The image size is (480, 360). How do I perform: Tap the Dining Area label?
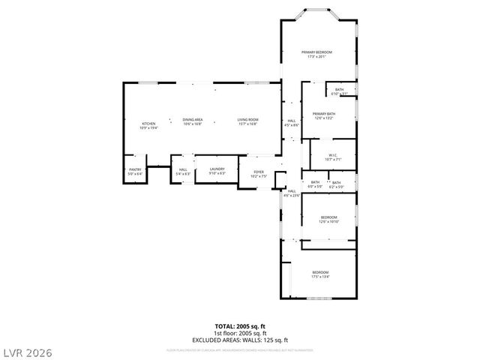click(x=193, y=122)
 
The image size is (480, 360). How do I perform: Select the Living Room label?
click(x=248, y=122)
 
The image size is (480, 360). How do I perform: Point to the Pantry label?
click(x=135, y=171)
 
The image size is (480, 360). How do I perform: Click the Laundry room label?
click(x=217, y=171)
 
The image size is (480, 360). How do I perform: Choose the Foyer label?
click(x=259, y=174)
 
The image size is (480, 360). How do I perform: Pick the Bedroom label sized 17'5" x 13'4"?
click(x=320, y=274)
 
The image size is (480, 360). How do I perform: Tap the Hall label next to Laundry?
click(x=183, y=171)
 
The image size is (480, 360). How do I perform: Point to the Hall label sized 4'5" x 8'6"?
click(x=292, y=122)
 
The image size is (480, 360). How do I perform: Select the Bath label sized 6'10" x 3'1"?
click(x=340, y=91)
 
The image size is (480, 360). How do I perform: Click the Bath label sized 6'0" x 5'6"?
click(x=315, y=184)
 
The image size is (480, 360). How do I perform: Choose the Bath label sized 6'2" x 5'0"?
click(x=336, y=184)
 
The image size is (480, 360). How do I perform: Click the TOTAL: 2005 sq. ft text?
click(x=240, y=326)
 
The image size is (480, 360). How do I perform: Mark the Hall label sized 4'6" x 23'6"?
click(x=292, y=193)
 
